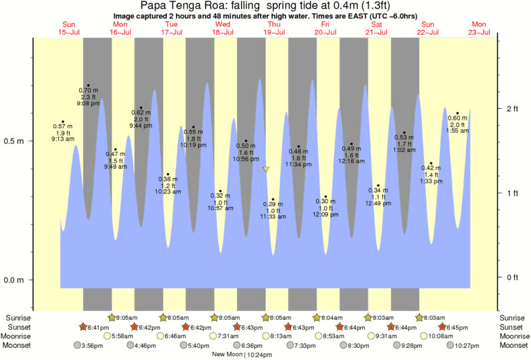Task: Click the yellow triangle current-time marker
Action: (x=266, y=169)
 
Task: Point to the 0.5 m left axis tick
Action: (x=14, y=142)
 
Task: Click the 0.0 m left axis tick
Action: (x=14, y=280)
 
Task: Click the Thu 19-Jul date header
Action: (x=274, y=28)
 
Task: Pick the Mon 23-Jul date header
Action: (x=479, y=28)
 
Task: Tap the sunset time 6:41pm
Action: (x=93, y=327)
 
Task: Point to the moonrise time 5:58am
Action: (x=124, y=336)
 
